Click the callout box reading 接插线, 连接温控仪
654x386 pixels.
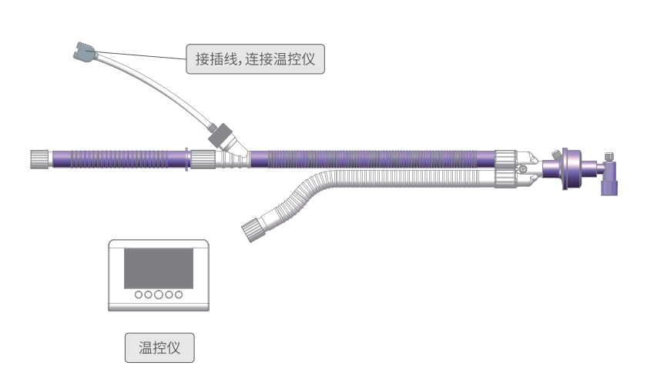pos(256,58)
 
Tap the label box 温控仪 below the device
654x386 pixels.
pos(159,348)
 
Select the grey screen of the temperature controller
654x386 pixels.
pos(159,268)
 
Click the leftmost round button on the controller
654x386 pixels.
pos(139,294)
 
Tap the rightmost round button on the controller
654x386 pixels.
pos(179,294)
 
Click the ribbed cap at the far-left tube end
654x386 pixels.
pos(39,160)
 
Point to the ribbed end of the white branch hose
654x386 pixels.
pos(251,228)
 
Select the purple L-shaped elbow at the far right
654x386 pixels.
pos(610,184)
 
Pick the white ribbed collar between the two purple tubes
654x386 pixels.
pos(203,160)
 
